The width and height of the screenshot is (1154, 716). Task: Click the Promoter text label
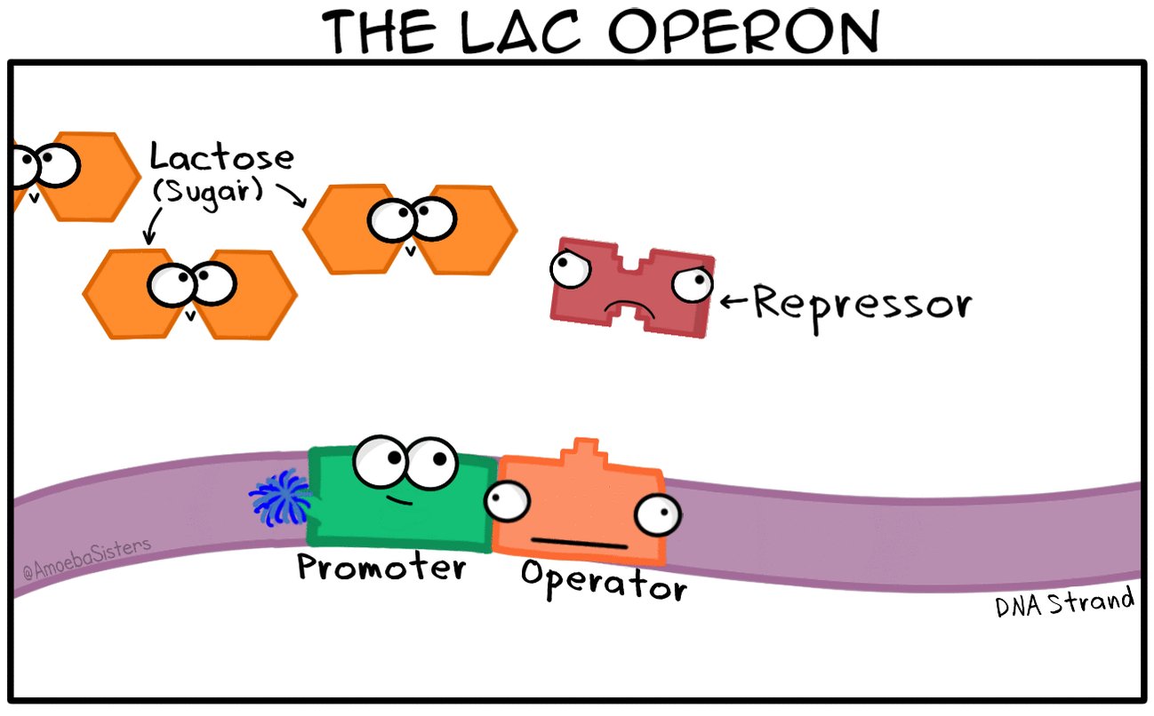click(381, 566)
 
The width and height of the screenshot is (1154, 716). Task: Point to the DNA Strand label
click(1064, 604)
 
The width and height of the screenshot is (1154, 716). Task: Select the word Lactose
click(221, 157)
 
